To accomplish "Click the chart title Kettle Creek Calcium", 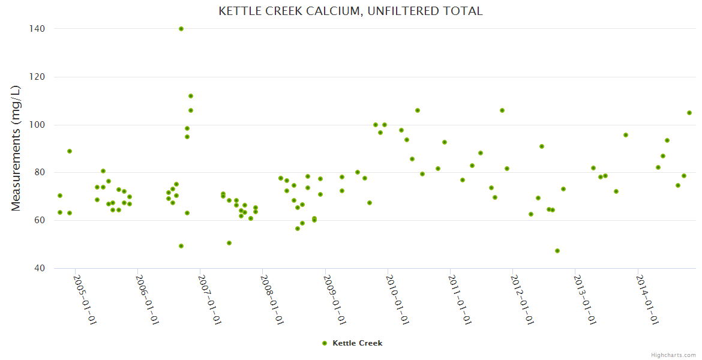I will pyautogui.click(x=350, y=11).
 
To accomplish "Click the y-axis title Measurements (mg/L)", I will pyautogui.click(x=16, y=148).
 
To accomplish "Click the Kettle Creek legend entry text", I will pyautogui.click(x=357, y=343).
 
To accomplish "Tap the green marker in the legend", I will pyautogui.click(x=325, y=343).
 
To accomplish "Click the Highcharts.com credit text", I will pyautogui.click(x=673, y=355).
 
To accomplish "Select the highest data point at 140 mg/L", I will pyautogui.click(x=181, y=29).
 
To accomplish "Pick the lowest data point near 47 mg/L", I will pyautogui.click(x=557, y=251).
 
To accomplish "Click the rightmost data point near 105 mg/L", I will pyautogui.click(x=689, y=113).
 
